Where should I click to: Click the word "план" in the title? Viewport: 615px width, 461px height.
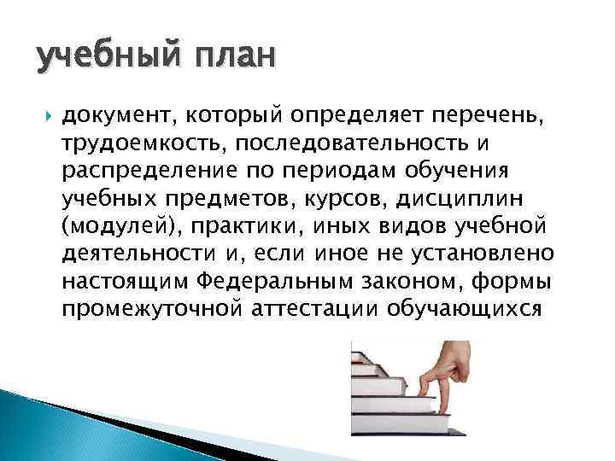[235, 58]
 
